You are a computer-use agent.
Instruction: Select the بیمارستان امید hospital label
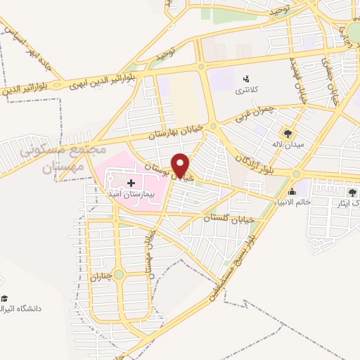(131, 193)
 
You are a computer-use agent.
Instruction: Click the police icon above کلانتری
(246, 78)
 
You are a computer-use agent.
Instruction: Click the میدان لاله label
(287, 145)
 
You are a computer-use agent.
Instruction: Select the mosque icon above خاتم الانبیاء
(292, 191)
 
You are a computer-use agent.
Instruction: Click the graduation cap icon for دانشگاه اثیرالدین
(4, 299)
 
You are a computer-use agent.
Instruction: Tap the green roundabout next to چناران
(118, 274)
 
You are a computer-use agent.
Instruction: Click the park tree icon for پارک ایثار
(352, 191)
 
